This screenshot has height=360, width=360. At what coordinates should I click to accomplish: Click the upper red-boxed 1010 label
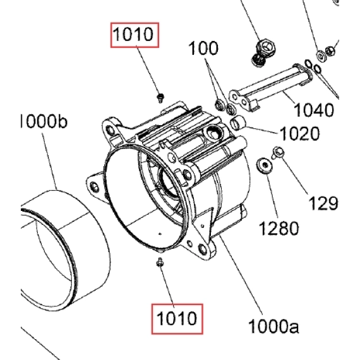click(x=135, y=35)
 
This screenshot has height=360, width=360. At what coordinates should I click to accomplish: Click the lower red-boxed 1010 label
click(x=177, y=319)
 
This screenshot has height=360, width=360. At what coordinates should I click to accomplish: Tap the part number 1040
click(x=314, y=110)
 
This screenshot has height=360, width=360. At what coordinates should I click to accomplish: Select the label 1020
click(x=299, y=133)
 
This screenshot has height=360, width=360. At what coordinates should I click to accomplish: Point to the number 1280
click(x=279, y=229)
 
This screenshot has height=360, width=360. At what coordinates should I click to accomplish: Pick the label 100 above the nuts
click(x=203, y=48)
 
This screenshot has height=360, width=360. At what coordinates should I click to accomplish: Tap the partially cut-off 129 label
click(x=323, y=203)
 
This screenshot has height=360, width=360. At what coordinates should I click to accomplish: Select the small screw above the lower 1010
click(x=160, y=262)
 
